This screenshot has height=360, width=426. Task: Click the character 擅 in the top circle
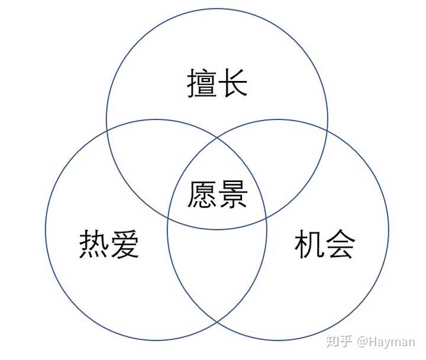coord(201,84)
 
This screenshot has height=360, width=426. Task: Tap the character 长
coord(233,84)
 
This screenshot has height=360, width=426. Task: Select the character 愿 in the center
coord(201,194)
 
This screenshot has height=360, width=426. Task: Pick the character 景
coord(233,194)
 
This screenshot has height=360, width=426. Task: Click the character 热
coord(93,245)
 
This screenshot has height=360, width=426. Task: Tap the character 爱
coord(125,245)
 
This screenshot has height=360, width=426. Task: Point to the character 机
coord(309,245)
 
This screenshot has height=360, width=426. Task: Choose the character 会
coord(340,245)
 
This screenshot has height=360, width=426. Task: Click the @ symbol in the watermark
coord(362,341)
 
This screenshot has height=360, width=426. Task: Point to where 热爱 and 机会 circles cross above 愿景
coord(217,137)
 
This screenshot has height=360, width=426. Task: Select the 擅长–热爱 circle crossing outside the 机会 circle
coord(106,129)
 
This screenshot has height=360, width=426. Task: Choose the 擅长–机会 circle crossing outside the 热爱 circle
coord(327,129)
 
